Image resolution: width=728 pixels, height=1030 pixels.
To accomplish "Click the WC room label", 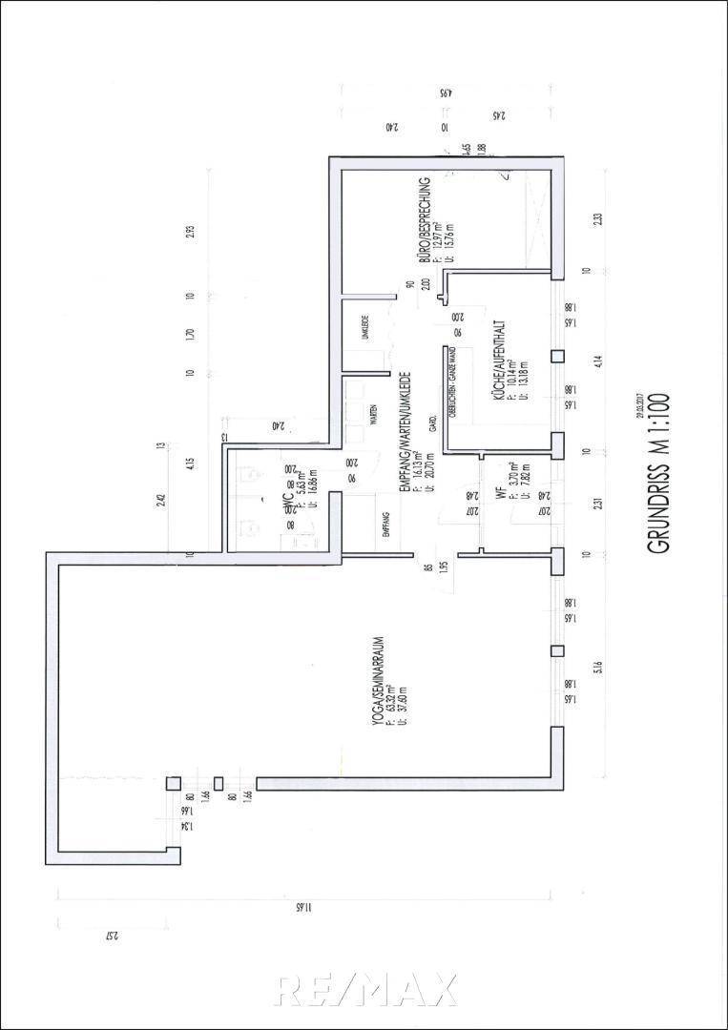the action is click(287, 506).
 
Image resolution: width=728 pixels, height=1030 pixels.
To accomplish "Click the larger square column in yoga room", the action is click(175, 783).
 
